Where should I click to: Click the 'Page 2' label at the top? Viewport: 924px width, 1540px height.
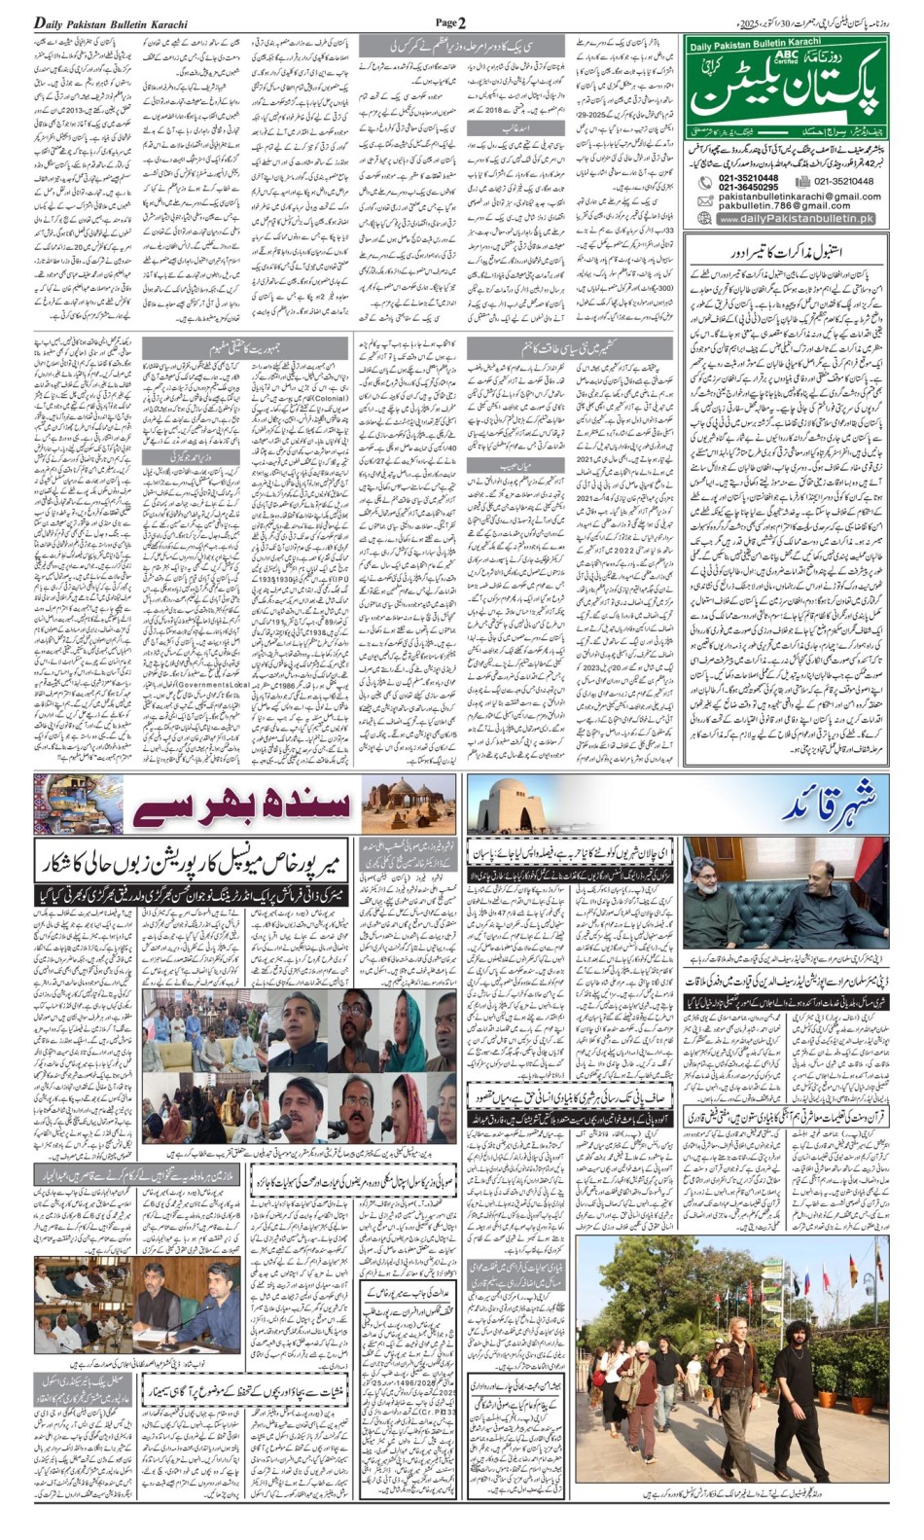450,22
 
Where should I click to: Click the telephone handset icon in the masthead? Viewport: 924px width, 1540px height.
705,183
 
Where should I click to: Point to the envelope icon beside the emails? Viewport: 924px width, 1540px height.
705,201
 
